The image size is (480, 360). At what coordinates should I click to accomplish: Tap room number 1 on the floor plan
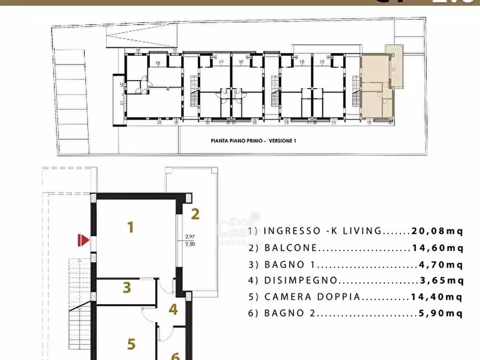(130, 227)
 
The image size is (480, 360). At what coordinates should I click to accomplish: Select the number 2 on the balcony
(195, 214)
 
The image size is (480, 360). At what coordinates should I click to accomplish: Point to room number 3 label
(127, 287)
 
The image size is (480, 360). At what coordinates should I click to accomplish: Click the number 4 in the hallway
(173, 309)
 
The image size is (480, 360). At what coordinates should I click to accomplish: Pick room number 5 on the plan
(131, 343)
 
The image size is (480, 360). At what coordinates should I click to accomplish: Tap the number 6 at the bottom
(175, 356)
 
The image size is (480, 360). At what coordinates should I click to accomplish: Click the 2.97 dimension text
(190, 236)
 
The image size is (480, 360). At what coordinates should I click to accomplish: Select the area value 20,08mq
(437, 232)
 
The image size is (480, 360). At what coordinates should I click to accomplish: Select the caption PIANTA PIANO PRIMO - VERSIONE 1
(253, 141)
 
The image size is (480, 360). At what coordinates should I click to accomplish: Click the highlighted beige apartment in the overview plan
(376, 89)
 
